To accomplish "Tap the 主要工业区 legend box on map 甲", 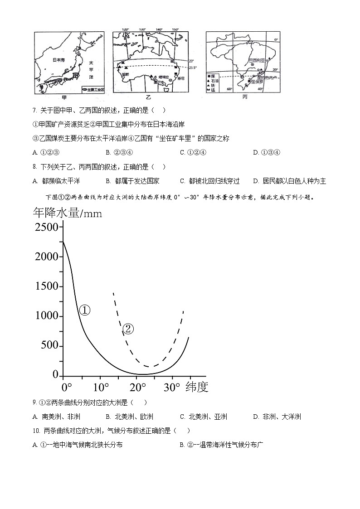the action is [93, 90].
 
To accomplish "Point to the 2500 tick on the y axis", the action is [47, 227].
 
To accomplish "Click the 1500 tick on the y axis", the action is [47, 286].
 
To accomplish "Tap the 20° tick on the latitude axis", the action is [138, 388].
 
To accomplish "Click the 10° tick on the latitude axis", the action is [101, 388].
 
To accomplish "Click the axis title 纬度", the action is [196, 387].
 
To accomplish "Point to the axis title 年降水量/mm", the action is [68, 212].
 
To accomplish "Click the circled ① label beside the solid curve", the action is [85, 310].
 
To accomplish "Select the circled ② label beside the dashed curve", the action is [128, 329].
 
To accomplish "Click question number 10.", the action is [35, 431].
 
